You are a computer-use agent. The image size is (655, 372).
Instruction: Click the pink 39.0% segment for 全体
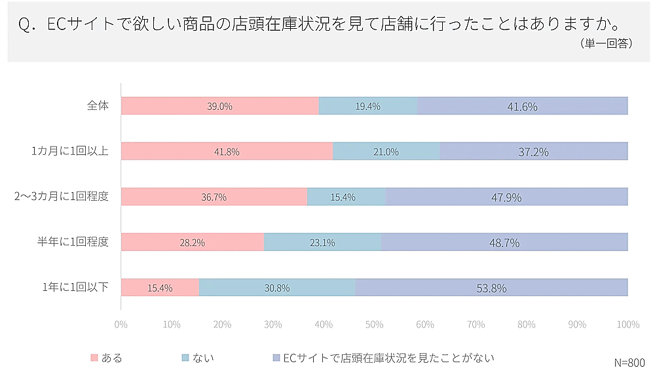tap(219, 106)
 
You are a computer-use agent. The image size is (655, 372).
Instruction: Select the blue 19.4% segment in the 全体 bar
tap(367, 106)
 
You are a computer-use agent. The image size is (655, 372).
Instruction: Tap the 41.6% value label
tap(522, 107)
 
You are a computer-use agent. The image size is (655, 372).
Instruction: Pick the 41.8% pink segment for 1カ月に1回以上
tap(227, 152)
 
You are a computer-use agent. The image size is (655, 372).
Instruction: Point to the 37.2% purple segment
tap(533, 152)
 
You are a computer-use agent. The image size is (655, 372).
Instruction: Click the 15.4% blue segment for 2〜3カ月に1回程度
tap(346, 197)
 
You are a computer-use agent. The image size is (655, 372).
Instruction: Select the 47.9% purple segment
tap(506, 197)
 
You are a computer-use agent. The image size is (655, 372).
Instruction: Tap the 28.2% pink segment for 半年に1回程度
tap(193, 242)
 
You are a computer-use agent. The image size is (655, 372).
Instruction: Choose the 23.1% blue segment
tap(322, 242)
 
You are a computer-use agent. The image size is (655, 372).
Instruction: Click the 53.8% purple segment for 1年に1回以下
tap(491, 288)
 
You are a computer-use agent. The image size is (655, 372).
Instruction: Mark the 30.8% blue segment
tap(277, 288)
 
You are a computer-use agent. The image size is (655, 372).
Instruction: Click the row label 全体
tap(98, 106)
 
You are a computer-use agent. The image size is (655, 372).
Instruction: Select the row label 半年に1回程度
tap(72, 242)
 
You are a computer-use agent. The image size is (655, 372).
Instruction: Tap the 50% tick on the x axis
tap(374, 324)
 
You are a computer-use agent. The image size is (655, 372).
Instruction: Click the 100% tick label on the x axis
tap(627, 324)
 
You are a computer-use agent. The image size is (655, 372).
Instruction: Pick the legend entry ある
tap(106, 358)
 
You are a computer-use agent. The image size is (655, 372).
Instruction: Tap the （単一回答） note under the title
tap(605, 44)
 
